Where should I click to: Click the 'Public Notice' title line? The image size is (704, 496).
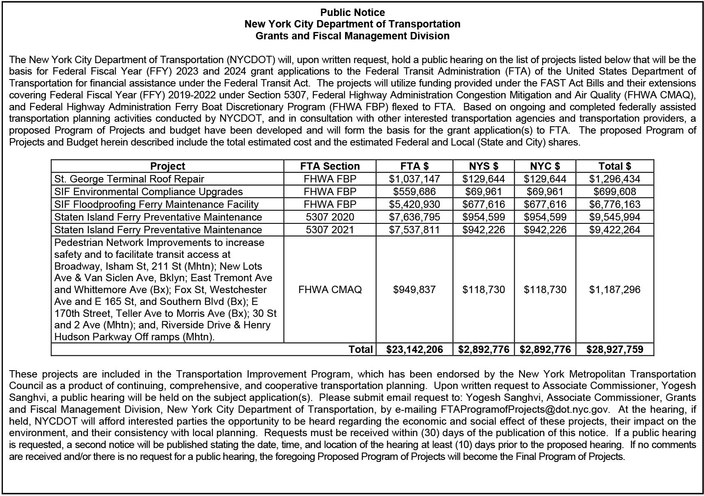tap(352, 12)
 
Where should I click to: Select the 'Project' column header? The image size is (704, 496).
tap(167, 166)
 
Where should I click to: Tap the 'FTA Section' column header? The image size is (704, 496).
tap(330, 166)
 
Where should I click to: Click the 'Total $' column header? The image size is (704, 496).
tap(615, 166)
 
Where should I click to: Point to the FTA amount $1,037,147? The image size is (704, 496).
tap(414, 179)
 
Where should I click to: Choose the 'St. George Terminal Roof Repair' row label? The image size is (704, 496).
tap(129, 179)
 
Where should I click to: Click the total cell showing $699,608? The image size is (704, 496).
tap(615, 191)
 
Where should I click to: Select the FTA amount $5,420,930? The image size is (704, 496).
tap(414, 204)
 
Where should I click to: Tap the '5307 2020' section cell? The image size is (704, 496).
tap(330, 217)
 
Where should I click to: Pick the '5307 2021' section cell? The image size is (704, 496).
tap(330, 230)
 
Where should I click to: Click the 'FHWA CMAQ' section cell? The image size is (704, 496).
tap(330, 289)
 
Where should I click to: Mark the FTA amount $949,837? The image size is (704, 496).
tap(414, 289)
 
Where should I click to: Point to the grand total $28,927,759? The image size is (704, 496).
tap(615, 349)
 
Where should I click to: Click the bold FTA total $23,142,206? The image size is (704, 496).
tap(415, 349)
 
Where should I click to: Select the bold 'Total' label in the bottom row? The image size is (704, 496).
tap(361, 349)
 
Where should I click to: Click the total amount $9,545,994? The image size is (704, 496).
tap(615, 217)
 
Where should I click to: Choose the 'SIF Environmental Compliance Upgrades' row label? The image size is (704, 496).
tap(148, 191)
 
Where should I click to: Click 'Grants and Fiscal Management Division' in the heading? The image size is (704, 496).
tap(352, 36)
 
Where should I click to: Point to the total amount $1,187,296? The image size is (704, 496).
tap(615, 289)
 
